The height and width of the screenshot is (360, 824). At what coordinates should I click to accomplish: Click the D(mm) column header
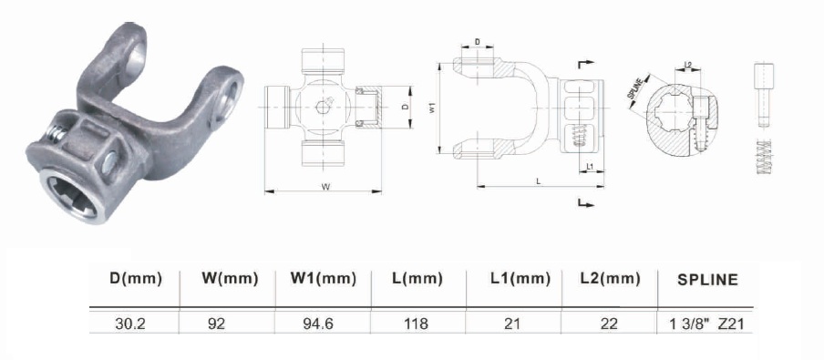(136, 279)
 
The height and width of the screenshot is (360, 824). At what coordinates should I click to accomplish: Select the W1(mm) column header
(324, 279)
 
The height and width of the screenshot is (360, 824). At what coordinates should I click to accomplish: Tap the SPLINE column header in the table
(707, 280)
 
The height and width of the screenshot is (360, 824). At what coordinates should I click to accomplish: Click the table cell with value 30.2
(129, 324)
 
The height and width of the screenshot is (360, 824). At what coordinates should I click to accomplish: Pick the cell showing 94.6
(317, 324)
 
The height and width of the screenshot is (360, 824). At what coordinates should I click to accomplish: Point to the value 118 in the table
(417, 324)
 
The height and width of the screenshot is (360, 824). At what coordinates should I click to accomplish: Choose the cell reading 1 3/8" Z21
(706, 324)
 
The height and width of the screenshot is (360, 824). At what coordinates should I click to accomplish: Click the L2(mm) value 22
(609, 324)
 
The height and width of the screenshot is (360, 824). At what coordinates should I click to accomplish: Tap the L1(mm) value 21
(512, 324)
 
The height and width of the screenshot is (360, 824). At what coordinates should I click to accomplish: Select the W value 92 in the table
(216, 324)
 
